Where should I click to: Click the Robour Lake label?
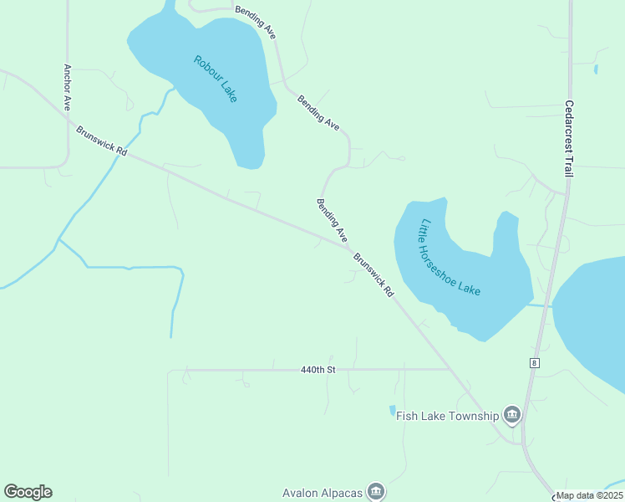(216, 79)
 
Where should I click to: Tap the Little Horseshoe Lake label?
(450, 257)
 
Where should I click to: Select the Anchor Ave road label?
(66, 87)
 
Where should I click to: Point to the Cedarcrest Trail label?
(568, 139)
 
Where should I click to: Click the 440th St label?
(318, 369)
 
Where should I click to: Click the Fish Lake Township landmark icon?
(512, 415)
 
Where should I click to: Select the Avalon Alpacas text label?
(323, 492)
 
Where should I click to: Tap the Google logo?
(28, 492)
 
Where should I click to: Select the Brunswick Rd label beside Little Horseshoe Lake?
(373, 275)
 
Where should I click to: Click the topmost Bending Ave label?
(256, 23)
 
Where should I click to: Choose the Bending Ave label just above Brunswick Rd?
(332, 221)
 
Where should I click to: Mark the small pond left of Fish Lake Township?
(392, 411)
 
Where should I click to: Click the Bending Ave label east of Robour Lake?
(318, 112)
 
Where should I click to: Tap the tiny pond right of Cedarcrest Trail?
(596, 69)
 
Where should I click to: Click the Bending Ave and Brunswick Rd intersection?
(348, 246)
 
